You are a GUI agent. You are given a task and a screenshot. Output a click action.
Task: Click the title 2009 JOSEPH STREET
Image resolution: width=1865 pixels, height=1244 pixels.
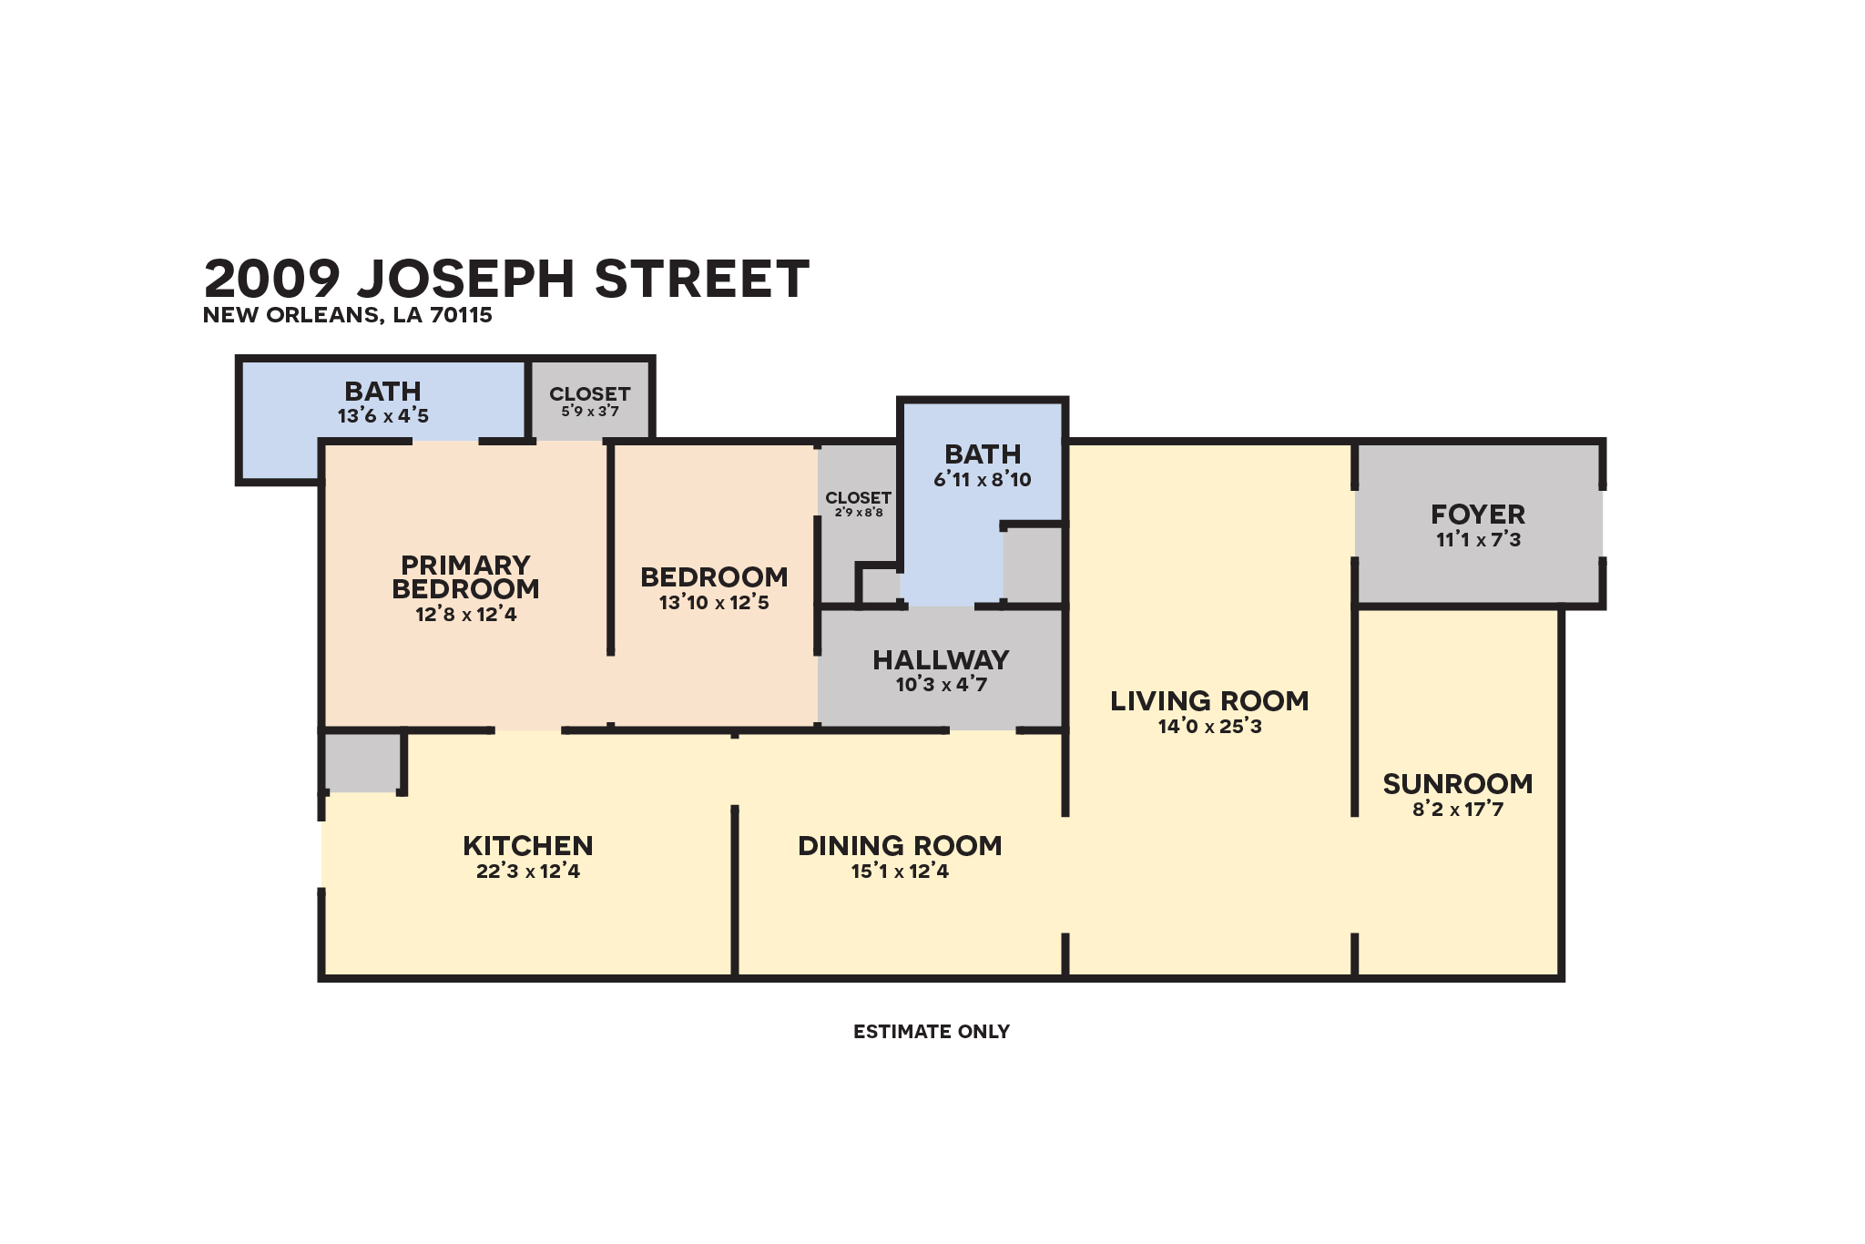coord(506,279)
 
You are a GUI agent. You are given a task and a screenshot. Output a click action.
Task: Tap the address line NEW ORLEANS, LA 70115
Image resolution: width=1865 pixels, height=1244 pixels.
coord(347,315)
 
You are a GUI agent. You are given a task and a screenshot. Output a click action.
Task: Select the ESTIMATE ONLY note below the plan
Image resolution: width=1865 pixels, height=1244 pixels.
coord(931,1032)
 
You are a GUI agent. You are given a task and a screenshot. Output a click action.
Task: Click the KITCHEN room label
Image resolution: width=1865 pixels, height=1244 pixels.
coord(527,846)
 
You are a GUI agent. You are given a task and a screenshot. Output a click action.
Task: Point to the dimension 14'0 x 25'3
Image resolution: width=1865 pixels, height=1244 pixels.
coord(1209,727)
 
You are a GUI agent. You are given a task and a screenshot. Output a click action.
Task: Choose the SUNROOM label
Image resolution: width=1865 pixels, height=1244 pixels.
coord(1457,784)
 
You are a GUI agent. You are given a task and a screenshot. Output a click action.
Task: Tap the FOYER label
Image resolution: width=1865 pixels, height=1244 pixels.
coord(1477,515)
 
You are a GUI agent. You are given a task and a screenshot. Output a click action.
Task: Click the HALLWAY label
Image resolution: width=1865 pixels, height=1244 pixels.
coord(941,660)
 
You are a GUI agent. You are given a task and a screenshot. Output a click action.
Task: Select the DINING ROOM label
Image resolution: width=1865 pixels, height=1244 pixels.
coord(900,846)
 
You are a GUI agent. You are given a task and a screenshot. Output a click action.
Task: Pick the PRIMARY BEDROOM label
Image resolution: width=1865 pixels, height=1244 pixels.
coord(465,577)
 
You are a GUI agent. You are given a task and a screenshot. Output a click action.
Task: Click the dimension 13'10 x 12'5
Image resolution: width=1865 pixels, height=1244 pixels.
coord(714,603)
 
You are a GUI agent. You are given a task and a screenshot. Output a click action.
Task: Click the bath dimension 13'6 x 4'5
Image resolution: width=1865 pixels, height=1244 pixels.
coord(382,416)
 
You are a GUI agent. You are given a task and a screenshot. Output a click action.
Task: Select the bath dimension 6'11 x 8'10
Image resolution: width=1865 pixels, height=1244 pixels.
coord(982,480)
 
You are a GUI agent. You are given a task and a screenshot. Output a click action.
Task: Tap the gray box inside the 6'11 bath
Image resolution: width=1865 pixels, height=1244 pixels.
coord(1034,564)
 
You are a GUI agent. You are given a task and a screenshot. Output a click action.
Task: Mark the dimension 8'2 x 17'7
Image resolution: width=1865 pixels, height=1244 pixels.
coord(1457,810)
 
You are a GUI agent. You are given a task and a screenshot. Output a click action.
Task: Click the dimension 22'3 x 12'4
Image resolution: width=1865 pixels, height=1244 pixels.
coord(527,872)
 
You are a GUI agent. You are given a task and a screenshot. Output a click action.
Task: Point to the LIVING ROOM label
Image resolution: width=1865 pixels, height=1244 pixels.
coord(1209,701)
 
